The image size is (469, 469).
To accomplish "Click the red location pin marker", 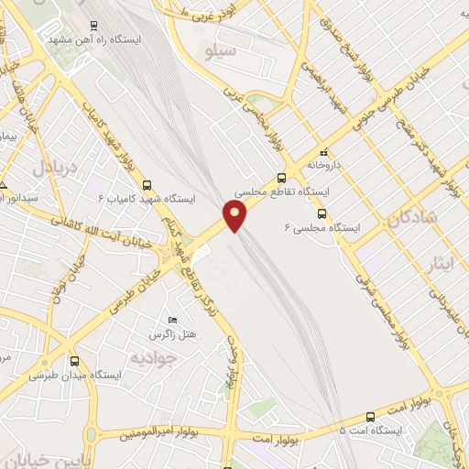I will click(x=236, y=216).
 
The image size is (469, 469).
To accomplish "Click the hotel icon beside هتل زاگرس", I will click(x=172, y=320).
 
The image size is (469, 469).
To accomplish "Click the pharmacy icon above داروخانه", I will click(x=322, y=153).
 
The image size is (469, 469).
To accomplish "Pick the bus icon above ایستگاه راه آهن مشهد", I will click(x=94, y=27).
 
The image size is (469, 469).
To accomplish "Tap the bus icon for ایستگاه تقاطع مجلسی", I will click(x=281, y=179).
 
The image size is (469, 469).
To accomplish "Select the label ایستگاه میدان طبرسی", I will click(x=67, y=376).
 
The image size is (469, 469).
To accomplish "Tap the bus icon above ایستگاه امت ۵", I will click(x=370, y=415).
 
